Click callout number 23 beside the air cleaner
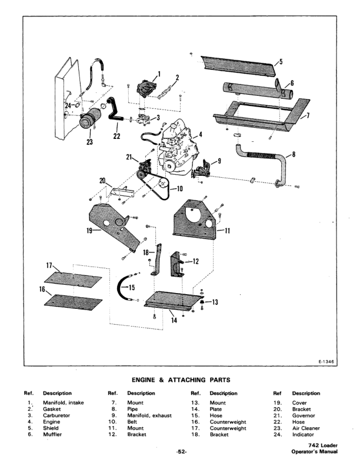point(89,141)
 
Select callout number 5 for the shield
point(281,61)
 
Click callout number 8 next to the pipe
point(294,155)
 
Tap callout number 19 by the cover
point(89,231)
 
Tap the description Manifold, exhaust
point(149,415)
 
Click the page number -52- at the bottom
point(181,452)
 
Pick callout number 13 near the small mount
point(214,302)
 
